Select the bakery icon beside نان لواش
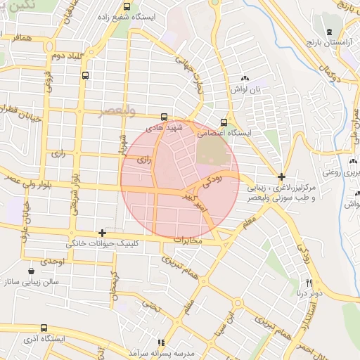245,79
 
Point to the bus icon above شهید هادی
164,117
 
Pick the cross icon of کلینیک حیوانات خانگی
103,232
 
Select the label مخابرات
186,240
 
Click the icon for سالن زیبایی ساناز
31,271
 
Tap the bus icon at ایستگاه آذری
44,328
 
